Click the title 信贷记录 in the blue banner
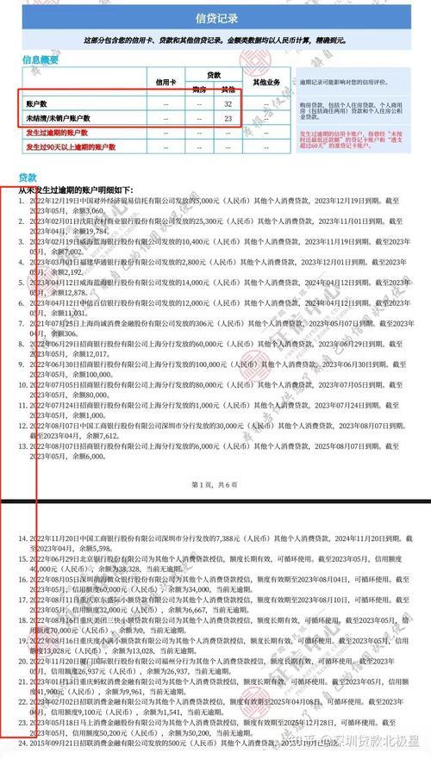click(x=215, y=16)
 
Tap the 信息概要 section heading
click(x=42, y=59)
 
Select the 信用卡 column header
click(x=163, y=82)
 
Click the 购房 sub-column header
click(x=199, y=89)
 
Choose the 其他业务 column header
click(x=267, y=82)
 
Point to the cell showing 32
click(x=228, y=103)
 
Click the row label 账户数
click(x=38, y=103)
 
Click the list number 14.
click(x=23, y=538)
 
